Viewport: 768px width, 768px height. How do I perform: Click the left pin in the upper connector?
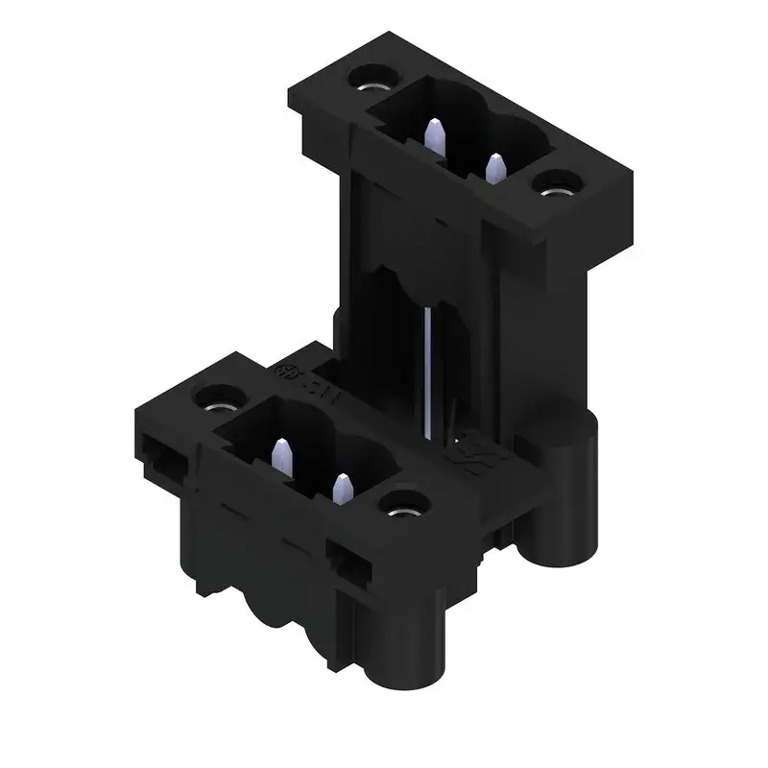pyautogui.click(x=434, y=137)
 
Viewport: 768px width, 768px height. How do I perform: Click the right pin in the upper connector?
pyautogui.click(x=495, y=169)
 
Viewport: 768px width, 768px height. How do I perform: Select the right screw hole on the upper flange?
pyautogui.click(x=554, y=185)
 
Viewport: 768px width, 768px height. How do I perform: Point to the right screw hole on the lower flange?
pyautogui.click(x=403, y=504)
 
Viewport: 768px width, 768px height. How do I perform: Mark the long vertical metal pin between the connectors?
pyautogui.click(x=426, y=365)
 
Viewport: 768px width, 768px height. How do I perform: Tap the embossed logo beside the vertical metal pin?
pyautogui.click(x=477, y=447)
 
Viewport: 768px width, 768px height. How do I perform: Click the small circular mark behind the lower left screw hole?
pyautogui.click(x=284, y=372)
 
